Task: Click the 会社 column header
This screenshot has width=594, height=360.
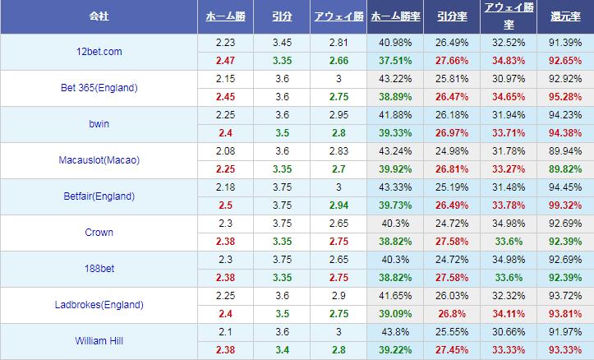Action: (98, 16)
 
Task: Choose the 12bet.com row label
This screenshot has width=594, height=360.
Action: (98, 52)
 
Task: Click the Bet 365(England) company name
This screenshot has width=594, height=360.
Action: (98, 88)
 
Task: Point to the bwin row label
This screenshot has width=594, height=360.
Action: (98, 124)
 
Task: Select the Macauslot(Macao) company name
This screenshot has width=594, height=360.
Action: (98, 160)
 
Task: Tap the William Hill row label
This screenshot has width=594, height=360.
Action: (98, 341)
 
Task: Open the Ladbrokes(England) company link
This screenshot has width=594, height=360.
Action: (98, 305)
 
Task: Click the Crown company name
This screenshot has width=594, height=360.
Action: (98, 233)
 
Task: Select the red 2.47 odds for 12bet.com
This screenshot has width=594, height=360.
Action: (225, 61)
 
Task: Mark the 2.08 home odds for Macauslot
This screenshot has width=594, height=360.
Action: (225, 152)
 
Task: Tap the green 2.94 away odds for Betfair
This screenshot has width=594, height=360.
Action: (338, 205)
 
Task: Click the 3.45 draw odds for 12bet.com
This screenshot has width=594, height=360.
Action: (282, 44)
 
